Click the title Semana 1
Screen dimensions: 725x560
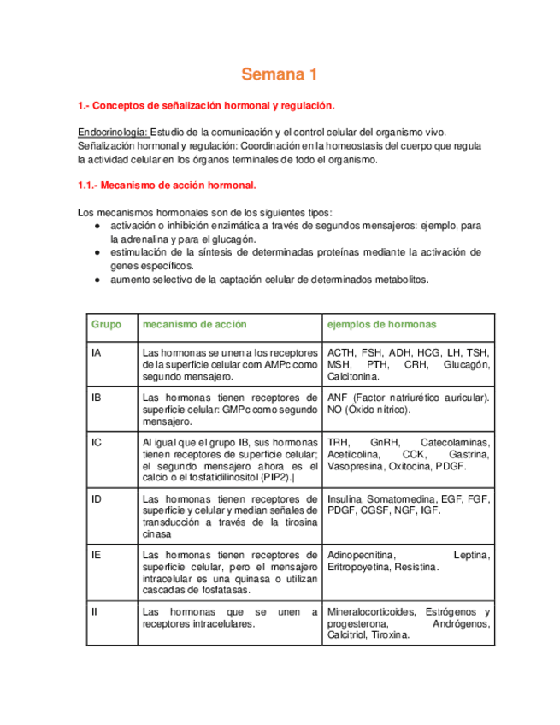pyautogui.click(x=279, y=75)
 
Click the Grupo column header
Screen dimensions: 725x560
pyautogui.click(x=107, y=325)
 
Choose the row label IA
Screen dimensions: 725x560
pyautogui.click(x=96, y=352)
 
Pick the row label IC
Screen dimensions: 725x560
pyautogui.click(x=97, y=442)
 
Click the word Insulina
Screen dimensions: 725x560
pyautogui.click(x=346, y=498)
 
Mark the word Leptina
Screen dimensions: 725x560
pyautogui.click(x=471, y=556)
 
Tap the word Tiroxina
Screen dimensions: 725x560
pyautogui.click(x=389, y=636)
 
